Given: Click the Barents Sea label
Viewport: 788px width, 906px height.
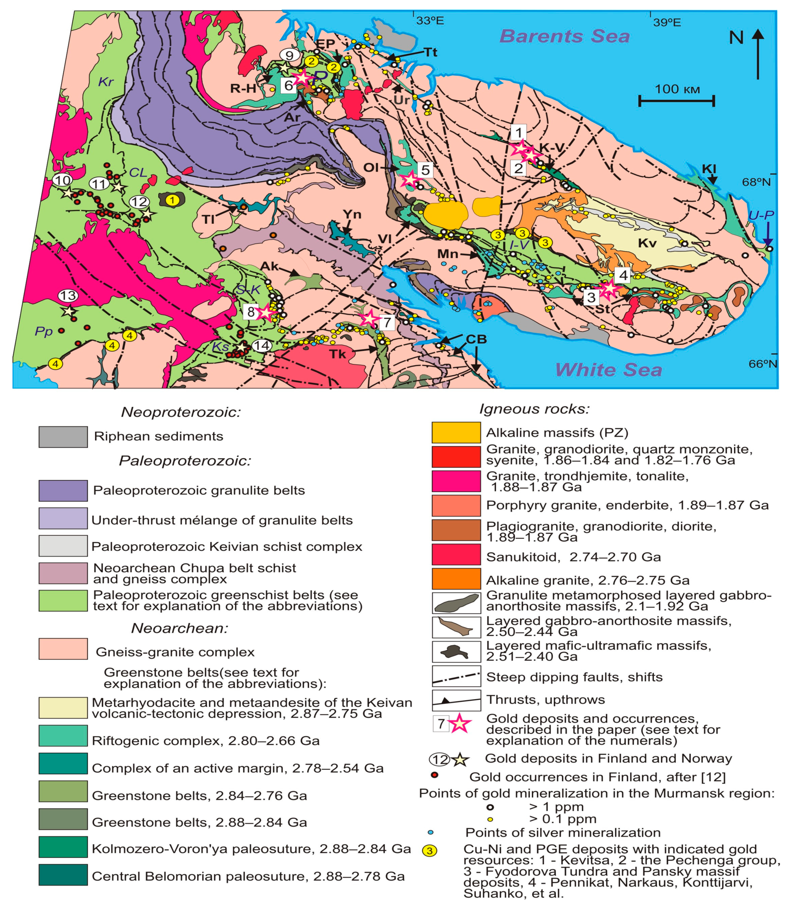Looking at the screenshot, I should [565, 36].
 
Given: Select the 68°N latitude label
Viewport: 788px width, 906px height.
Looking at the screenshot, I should [756, 181].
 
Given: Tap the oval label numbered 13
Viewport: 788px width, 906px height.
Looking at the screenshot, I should [68, 295].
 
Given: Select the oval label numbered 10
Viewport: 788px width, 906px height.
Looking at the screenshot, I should [62, 180].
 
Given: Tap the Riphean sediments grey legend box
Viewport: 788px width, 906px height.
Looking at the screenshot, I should [63, 437].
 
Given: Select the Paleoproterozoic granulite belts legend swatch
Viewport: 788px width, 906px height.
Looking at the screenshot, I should [63, 491].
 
